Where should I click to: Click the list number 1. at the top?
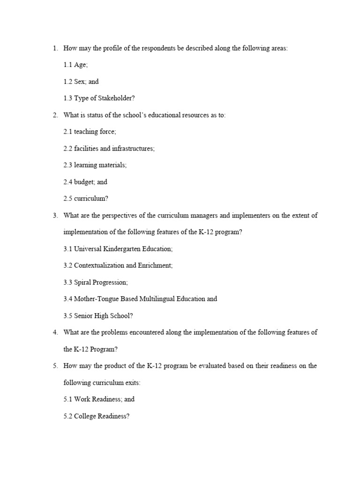55,48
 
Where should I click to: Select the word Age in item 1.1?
80,65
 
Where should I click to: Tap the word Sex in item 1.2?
79,82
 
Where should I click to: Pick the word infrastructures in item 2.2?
133,149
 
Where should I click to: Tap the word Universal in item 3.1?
88,249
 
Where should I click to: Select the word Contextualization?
103,265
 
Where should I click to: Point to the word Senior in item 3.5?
83,315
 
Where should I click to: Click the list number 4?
55,332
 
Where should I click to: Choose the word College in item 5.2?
85,416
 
